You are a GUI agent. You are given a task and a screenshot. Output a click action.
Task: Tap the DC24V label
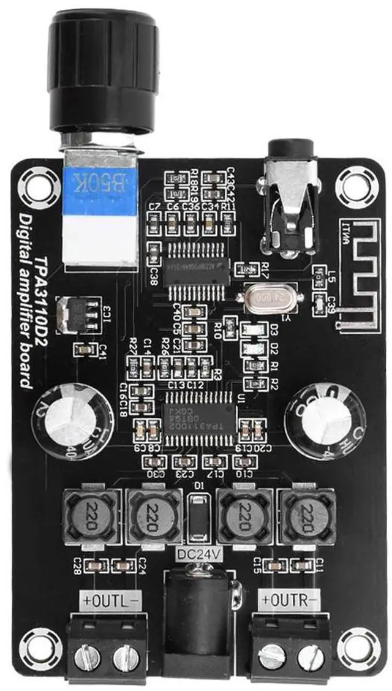[198, 554]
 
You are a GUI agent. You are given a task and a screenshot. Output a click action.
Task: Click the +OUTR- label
[287, 599]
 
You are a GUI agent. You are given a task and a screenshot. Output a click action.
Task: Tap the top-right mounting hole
[353, 182]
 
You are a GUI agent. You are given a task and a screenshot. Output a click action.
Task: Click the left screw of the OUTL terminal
[86, 659]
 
